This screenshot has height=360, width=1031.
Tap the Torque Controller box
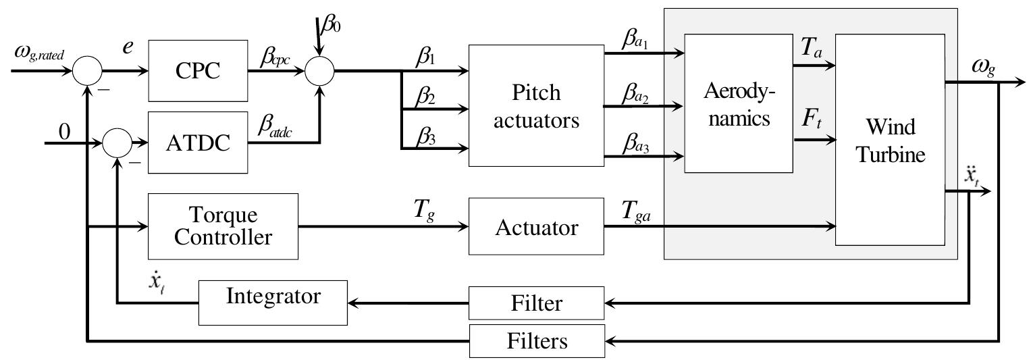pyautogui.click(x=223, y=226)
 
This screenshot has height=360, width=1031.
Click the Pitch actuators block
pyautogui.click(x=536, y=105)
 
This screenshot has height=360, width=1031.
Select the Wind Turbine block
pyautogui.click(x=889, y=139)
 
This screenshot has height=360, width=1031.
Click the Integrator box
pyautogui.click(x=273, y=297)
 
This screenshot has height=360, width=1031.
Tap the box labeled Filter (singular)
pyautogui.click(x=536, y=303)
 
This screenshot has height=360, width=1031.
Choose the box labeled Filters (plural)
pyautogui.click(x=536, y=341)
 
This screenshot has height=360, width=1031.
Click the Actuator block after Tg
pyautogui.click(x=536, y=228)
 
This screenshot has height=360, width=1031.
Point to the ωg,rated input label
pyautogui.click(x=39, y=53)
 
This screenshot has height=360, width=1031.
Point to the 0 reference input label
pyautogui.click(x=65, y=132)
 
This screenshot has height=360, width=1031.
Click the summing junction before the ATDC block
pyautogui.click(x=117, y=143)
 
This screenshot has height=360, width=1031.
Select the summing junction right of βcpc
pyautogui.click(x=320, y=70)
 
